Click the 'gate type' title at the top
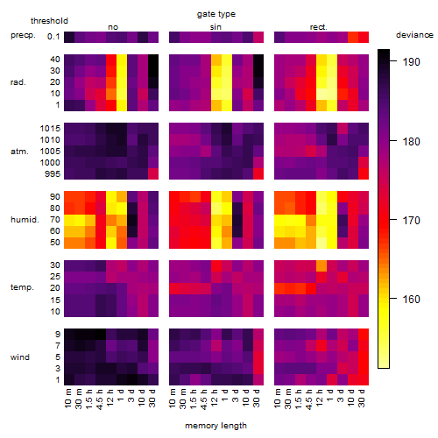[216, 14]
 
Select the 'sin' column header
[215, 27]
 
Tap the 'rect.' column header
[318, 27]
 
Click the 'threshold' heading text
[49, 21]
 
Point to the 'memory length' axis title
[215, 426]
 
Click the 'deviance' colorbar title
[414, 35]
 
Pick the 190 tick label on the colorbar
[411, 62]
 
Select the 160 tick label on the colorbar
[411, 300]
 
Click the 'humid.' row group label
[25, 220]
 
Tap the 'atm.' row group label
[19, 152]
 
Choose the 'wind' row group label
[20, 357]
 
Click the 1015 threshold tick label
[50, 129]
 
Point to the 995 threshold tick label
[53, 174]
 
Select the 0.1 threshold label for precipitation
[53, 37]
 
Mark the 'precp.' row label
[23, 35]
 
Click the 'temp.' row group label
[22, 287]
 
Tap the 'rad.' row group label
[18, 82]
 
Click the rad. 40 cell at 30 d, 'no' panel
[153, 60]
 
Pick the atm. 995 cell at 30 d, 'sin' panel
[258, 173]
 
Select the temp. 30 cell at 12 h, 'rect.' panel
[321, 265]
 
